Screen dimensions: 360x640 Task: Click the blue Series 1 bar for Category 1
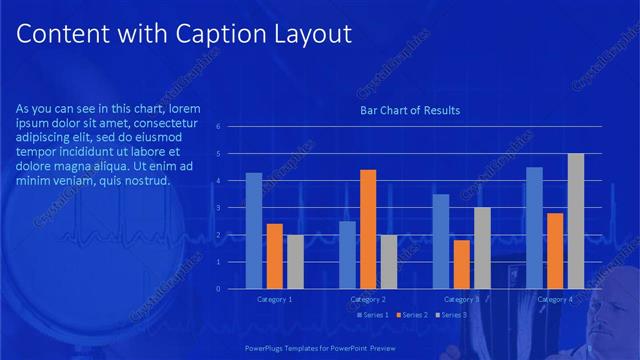tap(254, 231)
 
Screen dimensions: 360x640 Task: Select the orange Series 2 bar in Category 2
tap(368, 229)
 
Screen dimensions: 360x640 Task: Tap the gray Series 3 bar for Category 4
tap(575, 221)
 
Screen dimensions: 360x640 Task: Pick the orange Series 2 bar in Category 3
tap(461, 264)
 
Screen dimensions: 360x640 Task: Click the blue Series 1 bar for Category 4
tap(534, 228)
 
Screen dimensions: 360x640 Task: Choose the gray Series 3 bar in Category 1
tap(295, 262)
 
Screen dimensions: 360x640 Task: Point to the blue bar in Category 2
tap(347, 255)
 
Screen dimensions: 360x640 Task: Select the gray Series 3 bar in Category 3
tap(482, 248)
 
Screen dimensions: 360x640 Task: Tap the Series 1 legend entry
tap(372, 315)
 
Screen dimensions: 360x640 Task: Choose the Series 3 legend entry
tap(451, 315)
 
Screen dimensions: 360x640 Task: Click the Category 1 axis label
tap(275, 299)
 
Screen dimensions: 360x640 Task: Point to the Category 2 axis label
tap(368, 299)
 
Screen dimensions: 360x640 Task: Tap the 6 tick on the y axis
tap(232, 127)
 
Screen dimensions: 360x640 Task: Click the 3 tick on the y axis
tap(232, 208)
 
